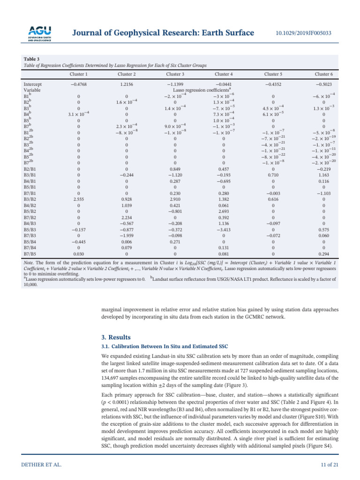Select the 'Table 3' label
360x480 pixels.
(x=32, y=59)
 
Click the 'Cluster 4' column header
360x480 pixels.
(x=224, y=74)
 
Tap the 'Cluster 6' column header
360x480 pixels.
(x=324, y=74)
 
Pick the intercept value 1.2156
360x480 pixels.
(x=127, y=85)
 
